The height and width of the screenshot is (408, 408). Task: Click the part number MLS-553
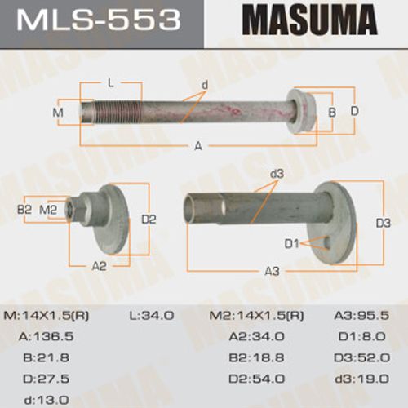(x=99, y=20)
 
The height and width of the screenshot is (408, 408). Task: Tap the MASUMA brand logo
(x=310, y=20)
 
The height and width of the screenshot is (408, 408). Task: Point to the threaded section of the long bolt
(x=117, y=112)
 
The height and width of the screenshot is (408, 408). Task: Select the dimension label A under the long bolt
(x=198, y=146)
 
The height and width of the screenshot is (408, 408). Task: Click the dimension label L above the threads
(x=110, y=83)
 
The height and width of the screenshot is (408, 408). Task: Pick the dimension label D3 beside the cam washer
(x=383, y=223)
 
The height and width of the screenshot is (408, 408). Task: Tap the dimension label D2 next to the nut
(x=149, y=220)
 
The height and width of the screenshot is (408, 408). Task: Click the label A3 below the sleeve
(x=272, y=271)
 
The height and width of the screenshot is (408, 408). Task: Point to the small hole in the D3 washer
(x=327, y=242)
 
